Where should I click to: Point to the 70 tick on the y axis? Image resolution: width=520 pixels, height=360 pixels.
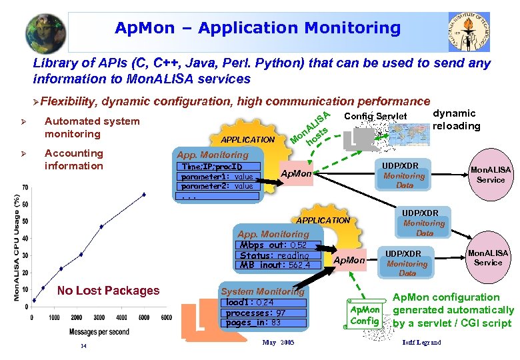(x=24, y=187)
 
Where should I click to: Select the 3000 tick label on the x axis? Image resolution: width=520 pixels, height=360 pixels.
(x=99, y=318)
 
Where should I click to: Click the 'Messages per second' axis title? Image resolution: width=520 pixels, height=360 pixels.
(x=101, y=331)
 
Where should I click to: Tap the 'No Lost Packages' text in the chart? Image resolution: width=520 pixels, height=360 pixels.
(x=108, y=290)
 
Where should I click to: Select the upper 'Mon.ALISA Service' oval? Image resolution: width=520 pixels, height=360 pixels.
(x=490, y=175)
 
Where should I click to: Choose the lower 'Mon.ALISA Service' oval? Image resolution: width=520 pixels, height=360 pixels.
(x=487, y=258)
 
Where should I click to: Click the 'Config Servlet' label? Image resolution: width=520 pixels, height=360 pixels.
(x=375, y=116)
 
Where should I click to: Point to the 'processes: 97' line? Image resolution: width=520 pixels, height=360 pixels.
(x=255, y=313)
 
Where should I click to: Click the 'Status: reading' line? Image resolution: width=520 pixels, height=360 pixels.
(x=274, y=255)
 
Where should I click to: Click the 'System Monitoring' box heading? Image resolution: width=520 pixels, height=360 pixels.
(x=262, y=291)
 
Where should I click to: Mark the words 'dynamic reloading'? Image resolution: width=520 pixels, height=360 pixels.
(x=456, y=119)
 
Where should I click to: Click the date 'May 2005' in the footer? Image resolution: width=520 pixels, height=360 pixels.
(x=278, y=343)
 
